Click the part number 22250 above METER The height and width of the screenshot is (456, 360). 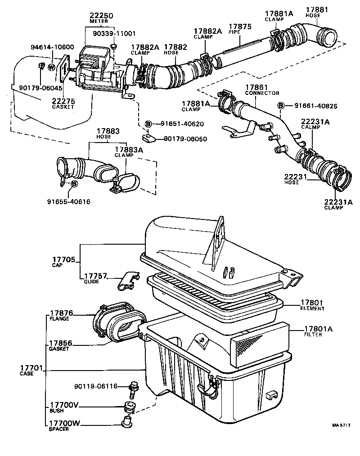click(101, 16)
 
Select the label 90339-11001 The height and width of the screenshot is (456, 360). click(114, 33)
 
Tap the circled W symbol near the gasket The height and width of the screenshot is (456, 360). click(51, 67)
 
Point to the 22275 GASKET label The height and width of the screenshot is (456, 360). click(63, 104)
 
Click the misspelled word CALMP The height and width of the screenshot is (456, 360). click(310, 127)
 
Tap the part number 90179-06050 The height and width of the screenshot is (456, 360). click(185, 139)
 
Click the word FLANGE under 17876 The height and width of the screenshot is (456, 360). click(59, 319)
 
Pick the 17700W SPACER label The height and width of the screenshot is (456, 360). click(64, 425)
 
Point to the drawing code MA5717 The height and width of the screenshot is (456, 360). click(342, 425)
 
